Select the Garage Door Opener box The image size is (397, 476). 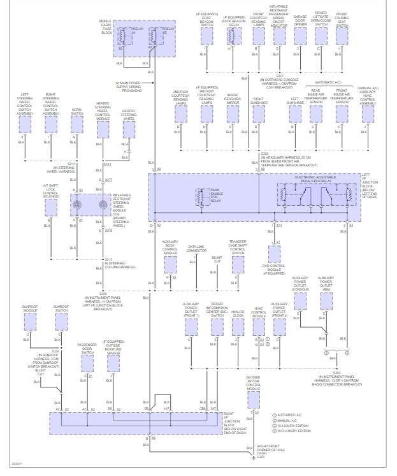(x=300, y=35)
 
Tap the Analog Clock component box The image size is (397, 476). (x=238, y=326)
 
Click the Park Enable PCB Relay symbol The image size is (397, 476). (x=205, y=195)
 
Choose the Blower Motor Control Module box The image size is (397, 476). (x=253, y=399)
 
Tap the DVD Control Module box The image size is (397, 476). (x=275, y=254)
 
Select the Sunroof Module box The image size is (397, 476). (x=30, y=322)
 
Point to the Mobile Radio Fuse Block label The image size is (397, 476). (x=106, y=27)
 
